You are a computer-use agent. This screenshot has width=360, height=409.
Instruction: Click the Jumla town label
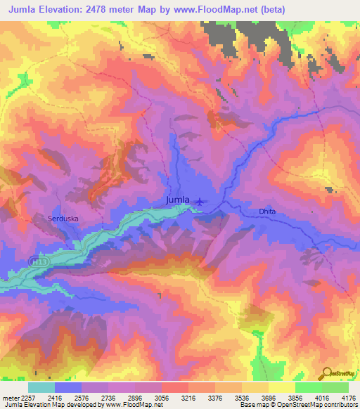[x=177, y=200]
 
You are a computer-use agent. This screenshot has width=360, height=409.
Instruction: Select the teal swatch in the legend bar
[x=41, y=387]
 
